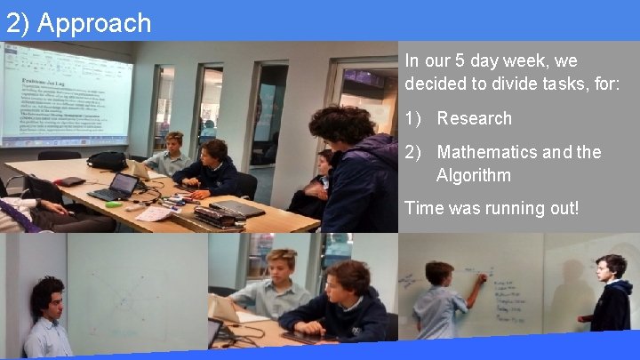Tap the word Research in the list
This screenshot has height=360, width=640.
pos(474,118)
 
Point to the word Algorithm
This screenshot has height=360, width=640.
pos(473,175)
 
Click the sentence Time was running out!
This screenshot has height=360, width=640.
pos(491,208)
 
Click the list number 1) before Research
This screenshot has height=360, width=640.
pos(414,118)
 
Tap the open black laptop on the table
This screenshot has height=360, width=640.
pos(116,188)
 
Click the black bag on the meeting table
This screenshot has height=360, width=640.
pos(108,161)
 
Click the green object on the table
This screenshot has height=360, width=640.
pos(113,204)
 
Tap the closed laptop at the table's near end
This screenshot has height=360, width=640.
pos(236,209)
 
